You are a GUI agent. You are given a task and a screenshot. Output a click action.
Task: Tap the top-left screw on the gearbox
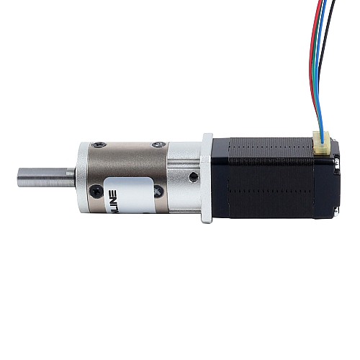(x=101, y=147)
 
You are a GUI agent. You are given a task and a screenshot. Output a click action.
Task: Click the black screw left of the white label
(x=95, y=192)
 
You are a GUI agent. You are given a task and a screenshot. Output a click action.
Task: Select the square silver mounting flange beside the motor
(x=207, y=176)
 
